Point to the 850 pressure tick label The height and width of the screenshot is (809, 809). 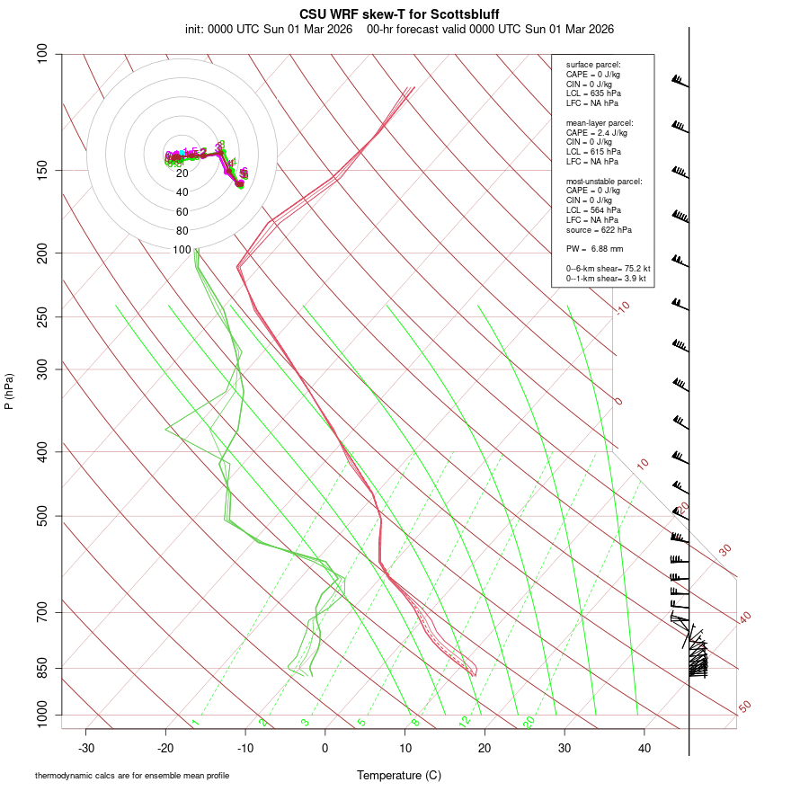coord(44,668)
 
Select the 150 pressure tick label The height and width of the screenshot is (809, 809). coord(44,170)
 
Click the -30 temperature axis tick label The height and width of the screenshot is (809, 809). coord(86,747)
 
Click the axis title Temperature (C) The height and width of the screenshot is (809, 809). coord(398,775)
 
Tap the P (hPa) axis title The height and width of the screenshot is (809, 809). coord(9,392)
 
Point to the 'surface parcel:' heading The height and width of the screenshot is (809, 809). coord(593,65)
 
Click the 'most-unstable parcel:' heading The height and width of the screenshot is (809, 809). coord(604,181)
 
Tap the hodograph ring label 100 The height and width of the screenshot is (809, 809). coord(182,250)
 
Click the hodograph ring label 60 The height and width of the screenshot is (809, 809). coord(182,212)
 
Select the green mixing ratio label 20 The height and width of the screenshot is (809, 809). coord(529,722)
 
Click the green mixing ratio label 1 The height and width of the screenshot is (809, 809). coord(195,722)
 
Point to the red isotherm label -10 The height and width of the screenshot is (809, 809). coord(622,307)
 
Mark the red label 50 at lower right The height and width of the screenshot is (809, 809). coord(744,707)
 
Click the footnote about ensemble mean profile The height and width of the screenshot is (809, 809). coord(131,775)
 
